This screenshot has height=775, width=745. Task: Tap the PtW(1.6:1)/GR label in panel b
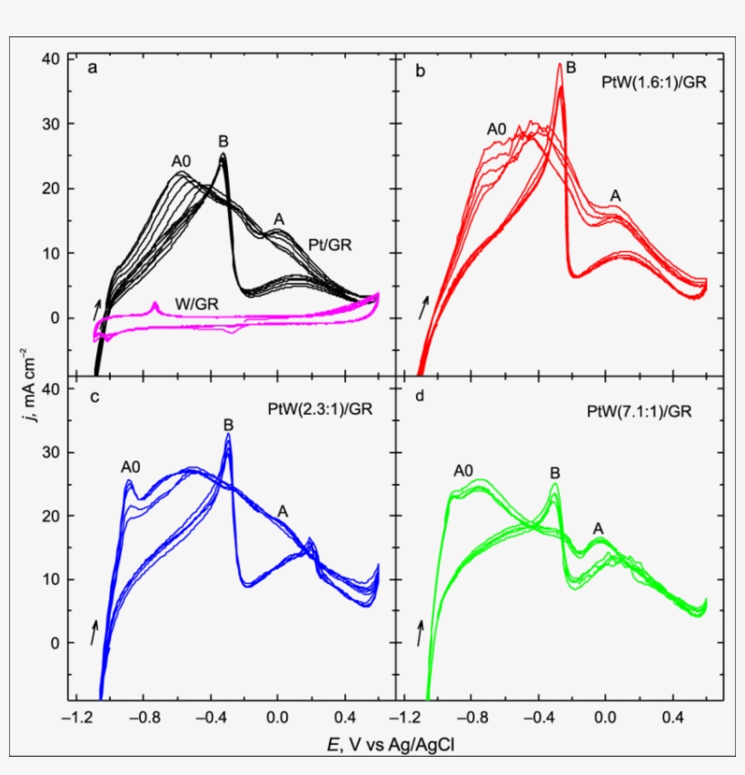654,82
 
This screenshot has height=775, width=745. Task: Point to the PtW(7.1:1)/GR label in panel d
640,412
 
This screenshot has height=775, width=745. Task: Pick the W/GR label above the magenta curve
222,301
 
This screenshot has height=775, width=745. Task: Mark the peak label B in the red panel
571,67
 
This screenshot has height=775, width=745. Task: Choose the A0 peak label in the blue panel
133,467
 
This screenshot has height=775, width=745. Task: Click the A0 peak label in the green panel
463,470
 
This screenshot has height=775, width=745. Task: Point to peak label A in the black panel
279,219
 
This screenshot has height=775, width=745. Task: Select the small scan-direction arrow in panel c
94,631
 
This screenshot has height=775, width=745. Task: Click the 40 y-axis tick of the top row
51,59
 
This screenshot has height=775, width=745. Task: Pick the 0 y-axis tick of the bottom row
55,643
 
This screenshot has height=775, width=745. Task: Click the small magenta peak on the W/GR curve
155,304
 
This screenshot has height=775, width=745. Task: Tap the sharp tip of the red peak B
561,64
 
